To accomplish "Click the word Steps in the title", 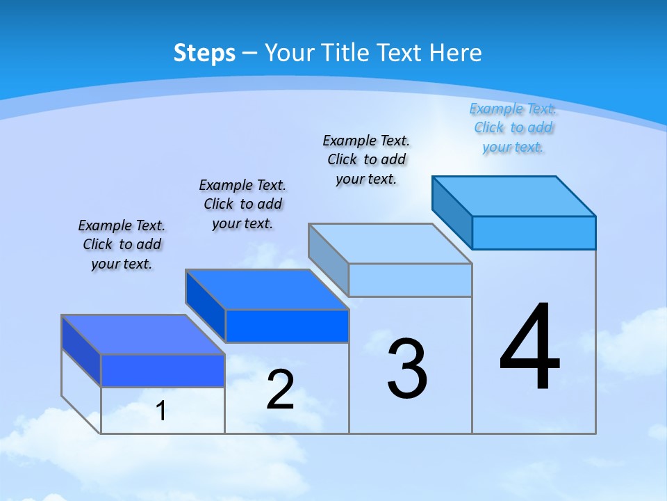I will pyautogui.click(x=204, y=53).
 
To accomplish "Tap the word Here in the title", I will pyautogui.click(x=456, y=53).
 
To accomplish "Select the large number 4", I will pyautogui.click(x=530, y=348).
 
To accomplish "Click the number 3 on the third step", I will pyautogui.click(x=407, y=369).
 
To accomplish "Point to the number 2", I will pyautogui.click(x=281, y=390).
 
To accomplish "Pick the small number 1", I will pyautogui.click(x=161, y=411).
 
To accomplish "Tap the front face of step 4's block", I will pyautogui.click(x=534, y=232).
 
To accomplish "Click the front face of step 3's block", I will pyautogui.click(x=410, y=280).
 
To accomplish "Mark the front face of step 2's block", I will pyautogui.click(x=287, y=326).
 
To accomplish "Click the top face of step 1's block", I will pyautogui.click(x=143, y=335).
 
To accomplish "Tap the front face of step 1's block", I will pyautogui.click(x=163, y=370).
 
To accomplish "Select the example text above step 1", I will pyautogui.click(x=122, y=244).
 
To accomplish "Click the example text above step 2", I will pyautogui.click(x=242, y=204).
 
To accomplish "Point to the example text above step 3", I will pyautogui.click(x=366, y=159).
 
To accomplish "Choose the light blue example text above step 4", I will pyautogui.click(x=513, y=127).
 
